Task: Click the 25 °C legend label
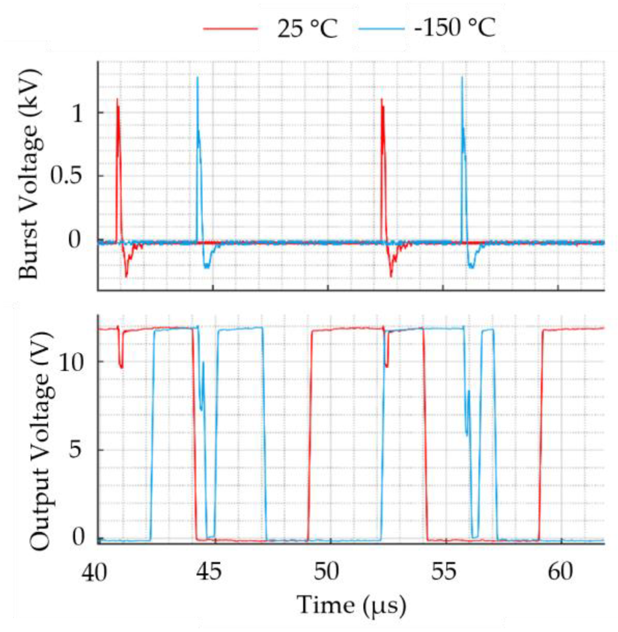pyautogui.click(x=307, y=28)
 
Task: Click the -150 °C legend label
pyautogui.click(x=455, y=28)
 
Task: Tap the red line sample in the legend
pyautogui.click(x=231, y=28)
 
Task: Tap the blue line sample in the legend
pyautogui.click(x=381, y=28)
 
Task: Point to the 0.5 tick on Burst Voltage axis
pyautogui.click(x=67, y=175)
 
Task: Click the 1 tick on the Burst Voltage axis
pyautogui.click(x=77, y=113)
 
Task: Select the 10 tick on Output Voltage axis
pyautogui.click(x=71, y=362)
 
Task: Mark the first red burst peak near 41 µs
pyautogui.click(x=117, y=99)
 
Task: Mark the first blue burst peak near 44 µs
pyautogui.click(x=197, y=78)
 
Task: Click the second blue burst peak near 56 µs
pyautogui.click(x=462, y=77)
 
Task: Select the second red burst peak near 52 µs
pyautogui.click(x=382, y=100)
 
